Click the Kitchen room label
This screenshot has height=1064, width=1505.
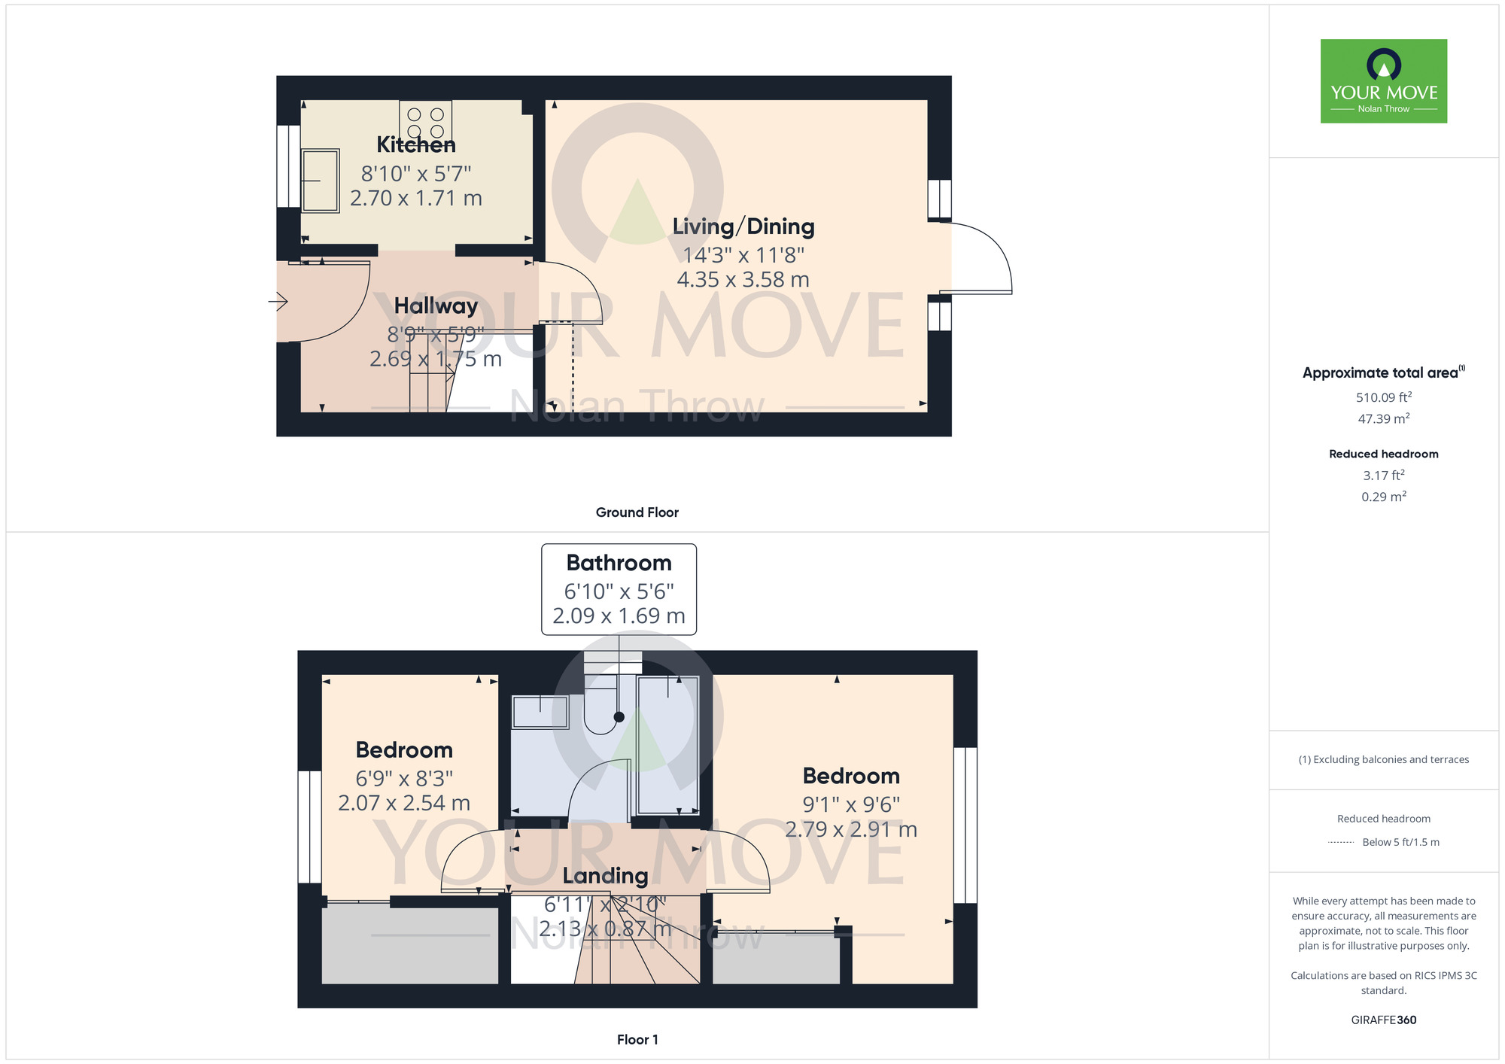tap(416, 144)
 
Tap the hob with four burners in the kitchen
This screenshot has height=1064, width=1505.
tap(425, 121)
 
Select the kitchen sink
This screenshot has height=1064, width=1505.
tap(321, 181)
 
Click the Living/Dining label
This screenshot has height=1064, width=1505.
tap(743, 226)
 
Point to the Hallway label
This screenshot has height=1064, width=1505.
tap(436, 306)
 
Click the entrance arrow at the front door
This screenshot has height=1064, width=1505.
tap(278, 302)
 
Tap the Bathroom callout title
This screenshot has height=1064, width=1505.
tap(619, 563)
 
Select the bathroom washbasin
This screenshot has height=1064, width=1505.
tap(540, 712)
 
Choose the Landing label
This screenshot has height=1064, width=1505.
tap(605, 876)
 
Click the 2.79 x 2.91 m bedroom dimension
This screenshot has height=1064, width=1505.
tap(851, 829)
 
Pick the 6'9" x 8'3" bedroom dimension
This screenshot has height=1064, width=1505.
tap(404, 779)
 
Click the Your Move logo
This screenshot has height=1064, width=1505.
tap(1383, 81)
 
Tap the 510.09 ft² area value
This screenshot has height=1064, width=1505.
tap(1383, 397)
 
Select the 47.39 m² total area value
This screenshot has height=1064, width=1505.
tap(1383, 418)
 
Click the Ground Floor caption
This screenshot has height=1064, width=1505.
tap(637, 512)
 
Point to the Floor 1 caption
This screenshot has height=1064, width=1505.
tap(637, 1040)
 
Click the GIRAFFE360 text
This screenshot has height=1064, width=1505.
tap(1383, 1020)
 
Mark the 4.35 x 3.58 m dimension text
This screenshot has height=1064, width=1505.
tap(743, 280)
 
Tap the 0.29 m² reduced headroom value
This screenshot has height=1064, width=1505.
tap(1383, 497)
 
